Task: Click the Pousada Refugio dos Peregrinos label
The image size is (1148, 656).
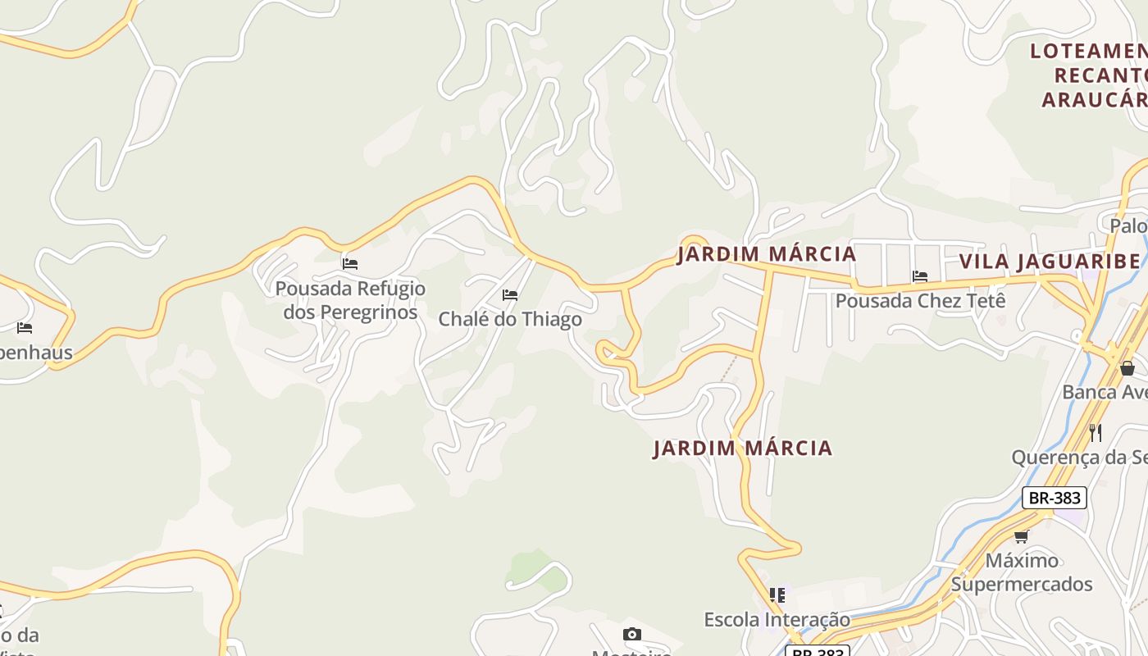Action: (350, 300)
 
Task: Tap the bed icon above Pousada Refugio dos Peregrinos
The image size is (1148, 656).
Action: (350, 264)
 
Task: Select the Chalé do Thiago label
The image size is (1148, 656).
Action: (510, 319)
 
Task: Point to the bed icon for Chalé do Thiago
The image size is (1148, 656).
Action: (510, 295)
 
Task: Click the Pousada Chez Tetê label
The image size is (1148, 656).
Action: (920, 300)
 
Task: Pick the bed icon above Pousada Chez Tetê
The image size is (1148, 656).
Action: (920, 276)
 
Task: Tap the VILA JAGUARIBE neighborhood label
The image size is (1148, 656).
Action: (1049, 262)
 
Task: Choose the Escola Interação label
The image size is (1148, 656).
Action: (777, 619)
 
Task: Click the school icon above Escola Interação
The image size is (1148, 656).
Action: (777, 595)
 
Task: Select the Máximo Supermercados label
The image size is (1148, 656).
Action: (1022, 572)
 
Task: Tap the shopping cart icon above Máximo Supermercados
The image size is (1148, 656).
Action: (1021, 536)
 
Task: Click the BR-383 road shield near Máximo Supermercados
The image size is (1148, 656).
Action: (1055, 498)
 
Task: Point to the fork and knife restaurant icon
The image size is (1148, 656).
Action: (1095, 432)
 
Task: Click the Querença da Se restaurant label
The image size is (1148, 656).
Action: (1078, 457)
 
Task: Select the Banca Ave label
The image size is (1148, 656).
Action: (1104, 392)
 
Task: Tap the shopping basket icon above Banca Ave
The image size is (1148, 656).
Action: (1127, 368)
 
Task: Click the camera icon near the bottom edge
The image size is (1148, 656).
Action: (631, 634)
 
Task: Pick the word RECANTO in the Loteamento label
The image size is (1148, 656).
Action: (1100, 75)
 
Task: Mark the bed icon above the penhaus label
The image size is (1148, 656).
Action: (25, 328)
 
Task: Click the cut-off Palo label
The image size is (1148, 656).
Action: (1128, 225)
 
